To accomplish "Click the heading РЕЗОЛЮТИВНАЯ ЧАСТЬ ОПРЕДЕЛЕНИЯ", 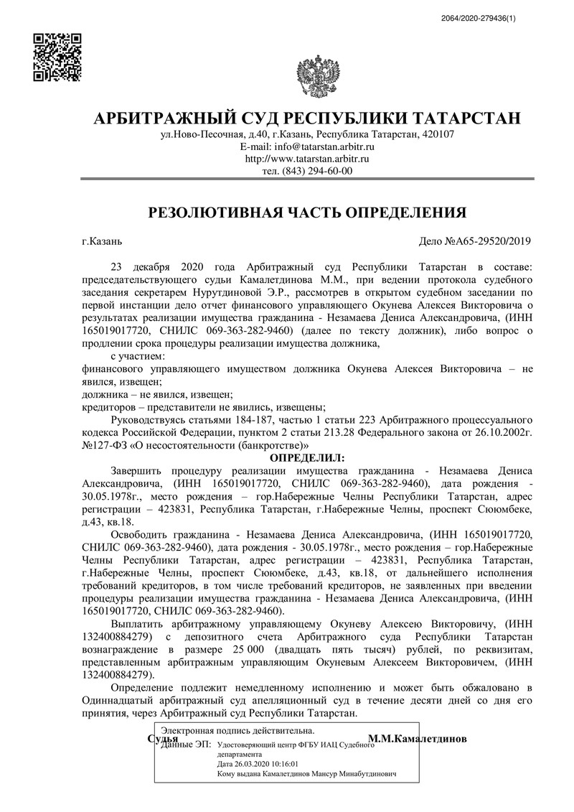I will pyautogui.click(x=307, y=213).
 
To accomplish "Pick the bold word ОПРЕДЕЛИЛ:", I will pyautogui.click(x=307, y=457).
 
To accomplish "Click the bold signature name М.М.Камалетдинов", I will pyautogui.click(x=417, y=738).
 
